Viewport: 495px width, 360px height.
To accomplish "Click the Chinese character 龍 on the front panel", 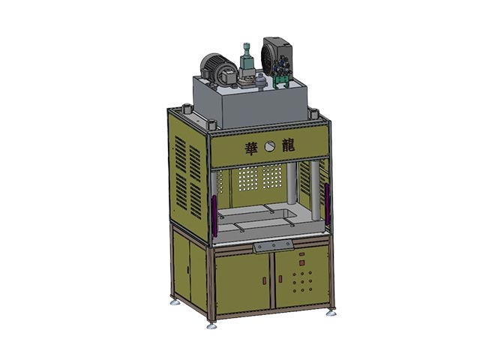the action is pyautogui.click(x=288, y=145).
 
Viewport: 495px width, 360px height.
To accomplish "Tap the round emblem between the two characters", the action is pyautogui.click(x=271, y=146).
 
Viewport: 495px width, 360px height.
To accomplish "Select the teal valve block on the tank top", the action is pyautogui.click(x=246, y=63).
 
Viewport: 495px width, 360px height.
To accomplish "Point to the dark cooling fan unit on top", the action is pyautogui.click(x=276, y=58).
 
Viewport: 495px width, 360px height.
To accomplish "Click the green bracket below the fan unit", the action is pyautogui.click(x=281, y=82).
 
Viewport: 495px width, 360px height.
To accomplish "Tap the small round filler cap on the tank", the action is pyautogui.click(x=261, y=81).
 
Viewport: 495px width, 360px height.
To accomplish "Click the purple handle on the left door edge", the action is pyautogui.click(x=214, y=216).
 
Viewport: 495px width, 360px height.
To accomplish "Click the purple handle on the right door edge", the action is pyautogui.click(x=327, y=204).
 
